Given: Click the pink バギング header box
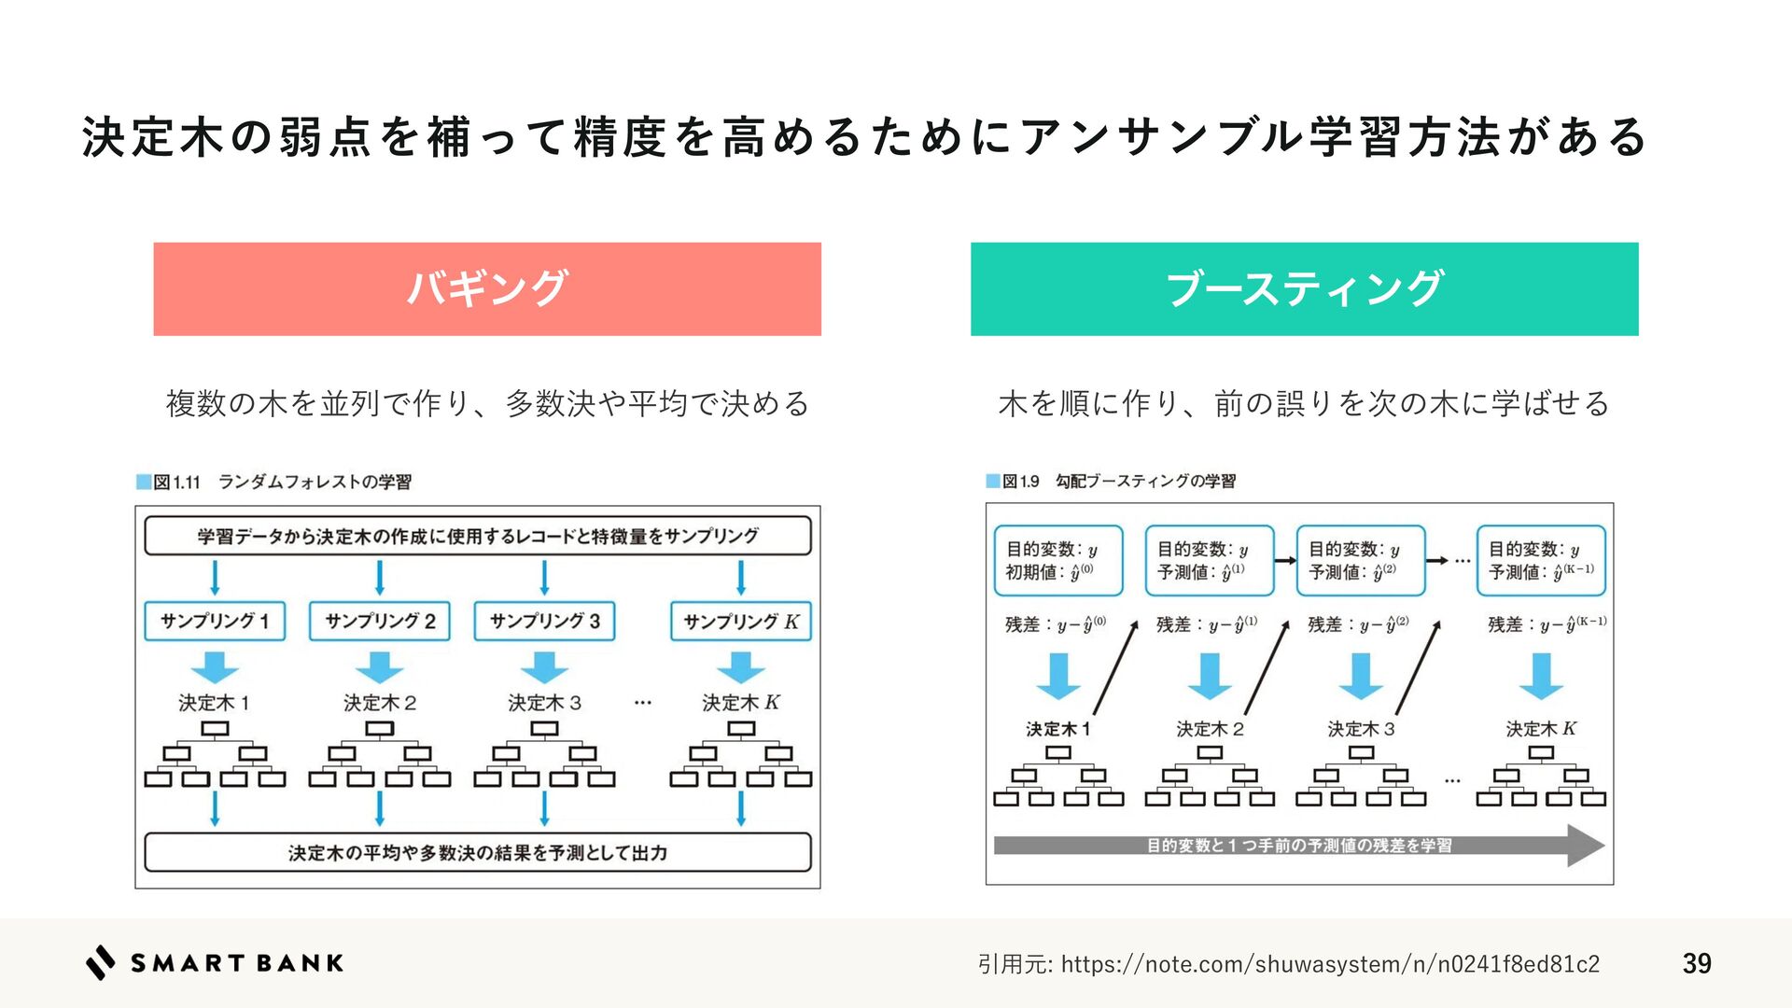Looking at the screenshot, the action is [x=486, y=288].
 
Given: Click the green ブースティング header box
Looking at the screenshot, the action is [x=1304, y=288].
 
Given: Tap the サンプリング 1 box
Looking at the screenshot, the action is [x=215, y=622].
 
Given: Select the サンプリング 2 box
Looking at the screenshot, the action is [x=379, y=622].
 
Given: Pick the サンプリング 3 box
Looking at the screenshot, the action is [x=544, y=622].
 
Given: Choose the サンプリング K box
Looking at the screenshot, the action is [x=741, y=622].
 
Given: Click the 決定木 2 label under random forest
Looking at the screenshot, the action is [x=379, y=703].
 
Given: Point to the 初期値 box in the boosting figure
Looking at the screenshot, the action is [x=1058, y=561].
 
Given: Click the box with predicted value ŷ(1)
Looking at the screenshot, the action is [x=1210, y=561].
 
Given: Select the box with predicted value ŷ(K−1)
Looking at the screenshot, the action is [x=1541, y=561].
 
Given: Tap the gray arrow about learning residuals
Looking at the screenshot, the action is [x=1298, y=846].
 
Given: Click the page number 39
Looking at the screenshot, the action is [x=1697, y=963].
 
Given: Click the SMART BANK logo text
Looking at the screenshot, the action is [x=237, y=963].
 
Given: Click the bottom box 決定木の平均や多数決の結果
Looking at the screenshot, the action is [x=477, y=852].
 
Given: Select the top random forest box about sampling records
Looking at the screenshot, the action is [x=477, y=536].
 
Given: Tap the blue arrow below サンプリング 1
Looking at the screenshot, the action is [x=215, y=667].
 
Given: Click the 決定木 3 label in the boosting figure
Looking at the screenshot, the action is [x=1361, y=729].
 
